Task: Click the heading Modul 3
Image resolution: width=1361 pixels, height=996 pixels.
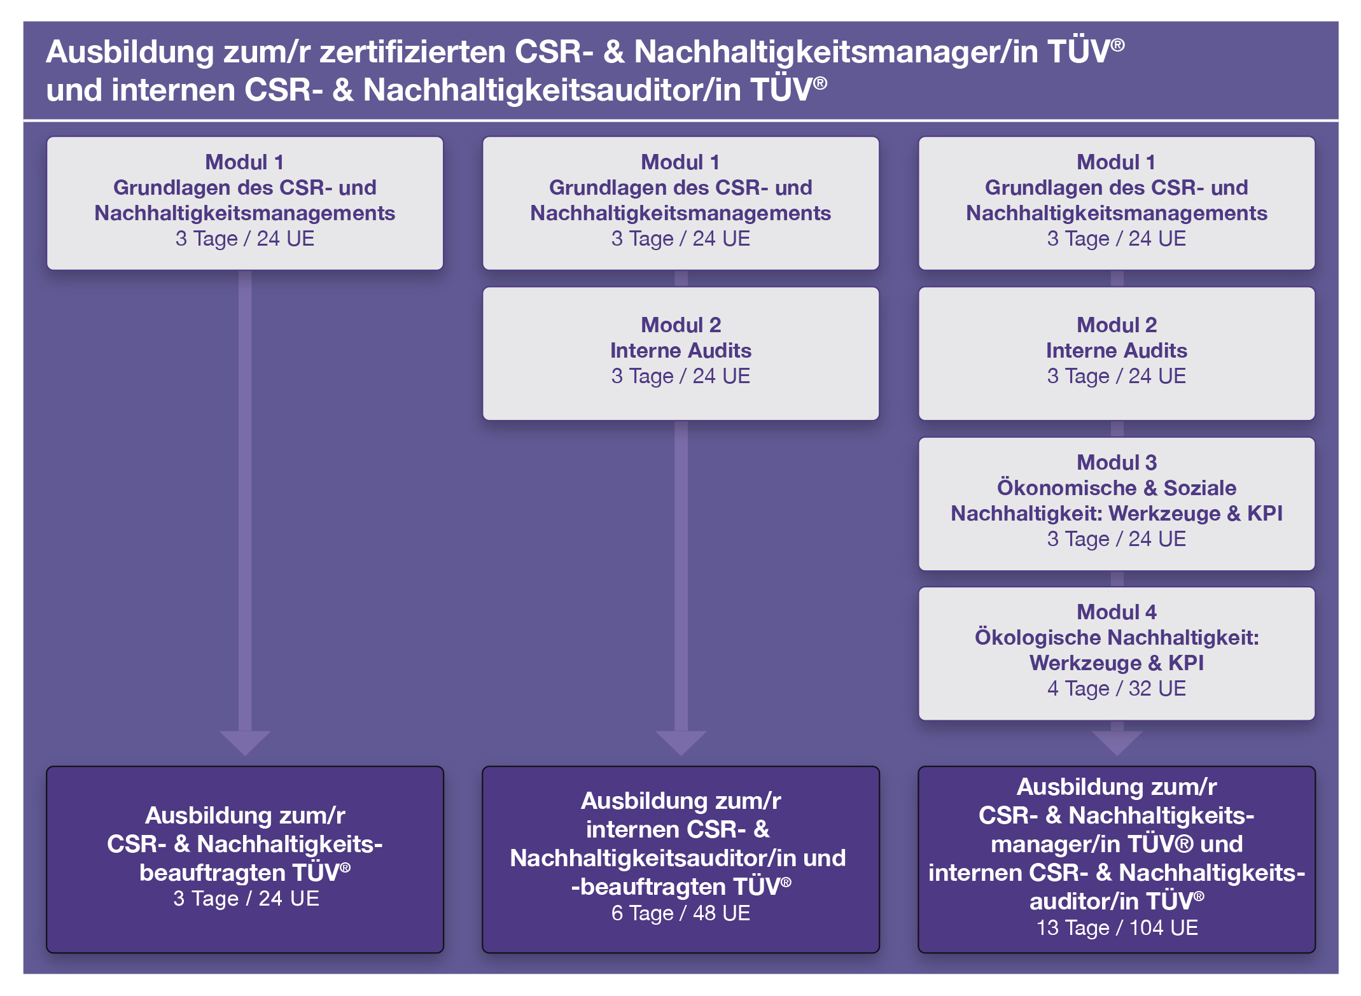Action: point(1117,463)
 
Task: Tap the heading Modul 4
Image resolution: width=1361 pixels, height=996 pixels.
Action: point(1117,612)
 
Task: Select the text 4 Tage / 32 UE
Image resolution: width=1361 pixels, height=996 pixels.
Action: point(1117,689)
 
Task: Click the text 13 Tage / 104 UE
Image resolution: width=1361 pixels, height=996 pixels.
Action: point(1117,928)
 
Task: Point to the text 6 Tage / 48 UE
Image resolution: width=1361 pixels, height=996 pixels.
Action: point(681,913)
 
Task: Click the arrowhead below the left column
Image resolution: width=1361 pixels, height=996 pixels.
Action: point(245,742)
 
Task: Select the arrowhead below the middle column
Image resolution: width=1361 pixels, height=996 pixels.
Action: point(681,742)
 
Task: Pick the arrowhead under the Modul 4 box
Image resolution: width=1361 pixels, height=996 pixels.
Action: point(1117,742)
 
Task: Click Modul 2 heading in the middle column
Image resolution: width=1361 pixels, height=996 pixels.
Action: point(681,325)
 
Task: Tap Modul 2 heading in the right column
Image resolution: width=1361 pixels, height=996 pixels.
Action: point(1117,325)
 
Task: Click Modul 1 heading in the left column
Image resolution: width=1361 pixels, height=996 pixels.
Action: point(245,162)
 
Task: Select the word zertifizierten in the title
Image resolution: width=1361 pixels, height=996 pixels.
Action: point(412,52)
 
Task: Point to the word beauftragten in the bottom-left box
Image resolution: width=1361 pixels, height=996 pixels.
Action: point(213,873)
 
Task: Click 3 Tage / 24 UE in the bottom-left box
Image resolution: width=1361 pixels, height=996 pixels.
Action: point(246,899)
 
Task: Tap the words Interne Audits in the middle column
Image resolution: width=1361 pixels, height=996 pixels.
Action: point(681,351)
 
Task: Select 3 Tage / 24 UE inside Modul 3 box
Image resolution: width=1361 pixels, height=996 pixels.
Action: point(1117,539)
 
